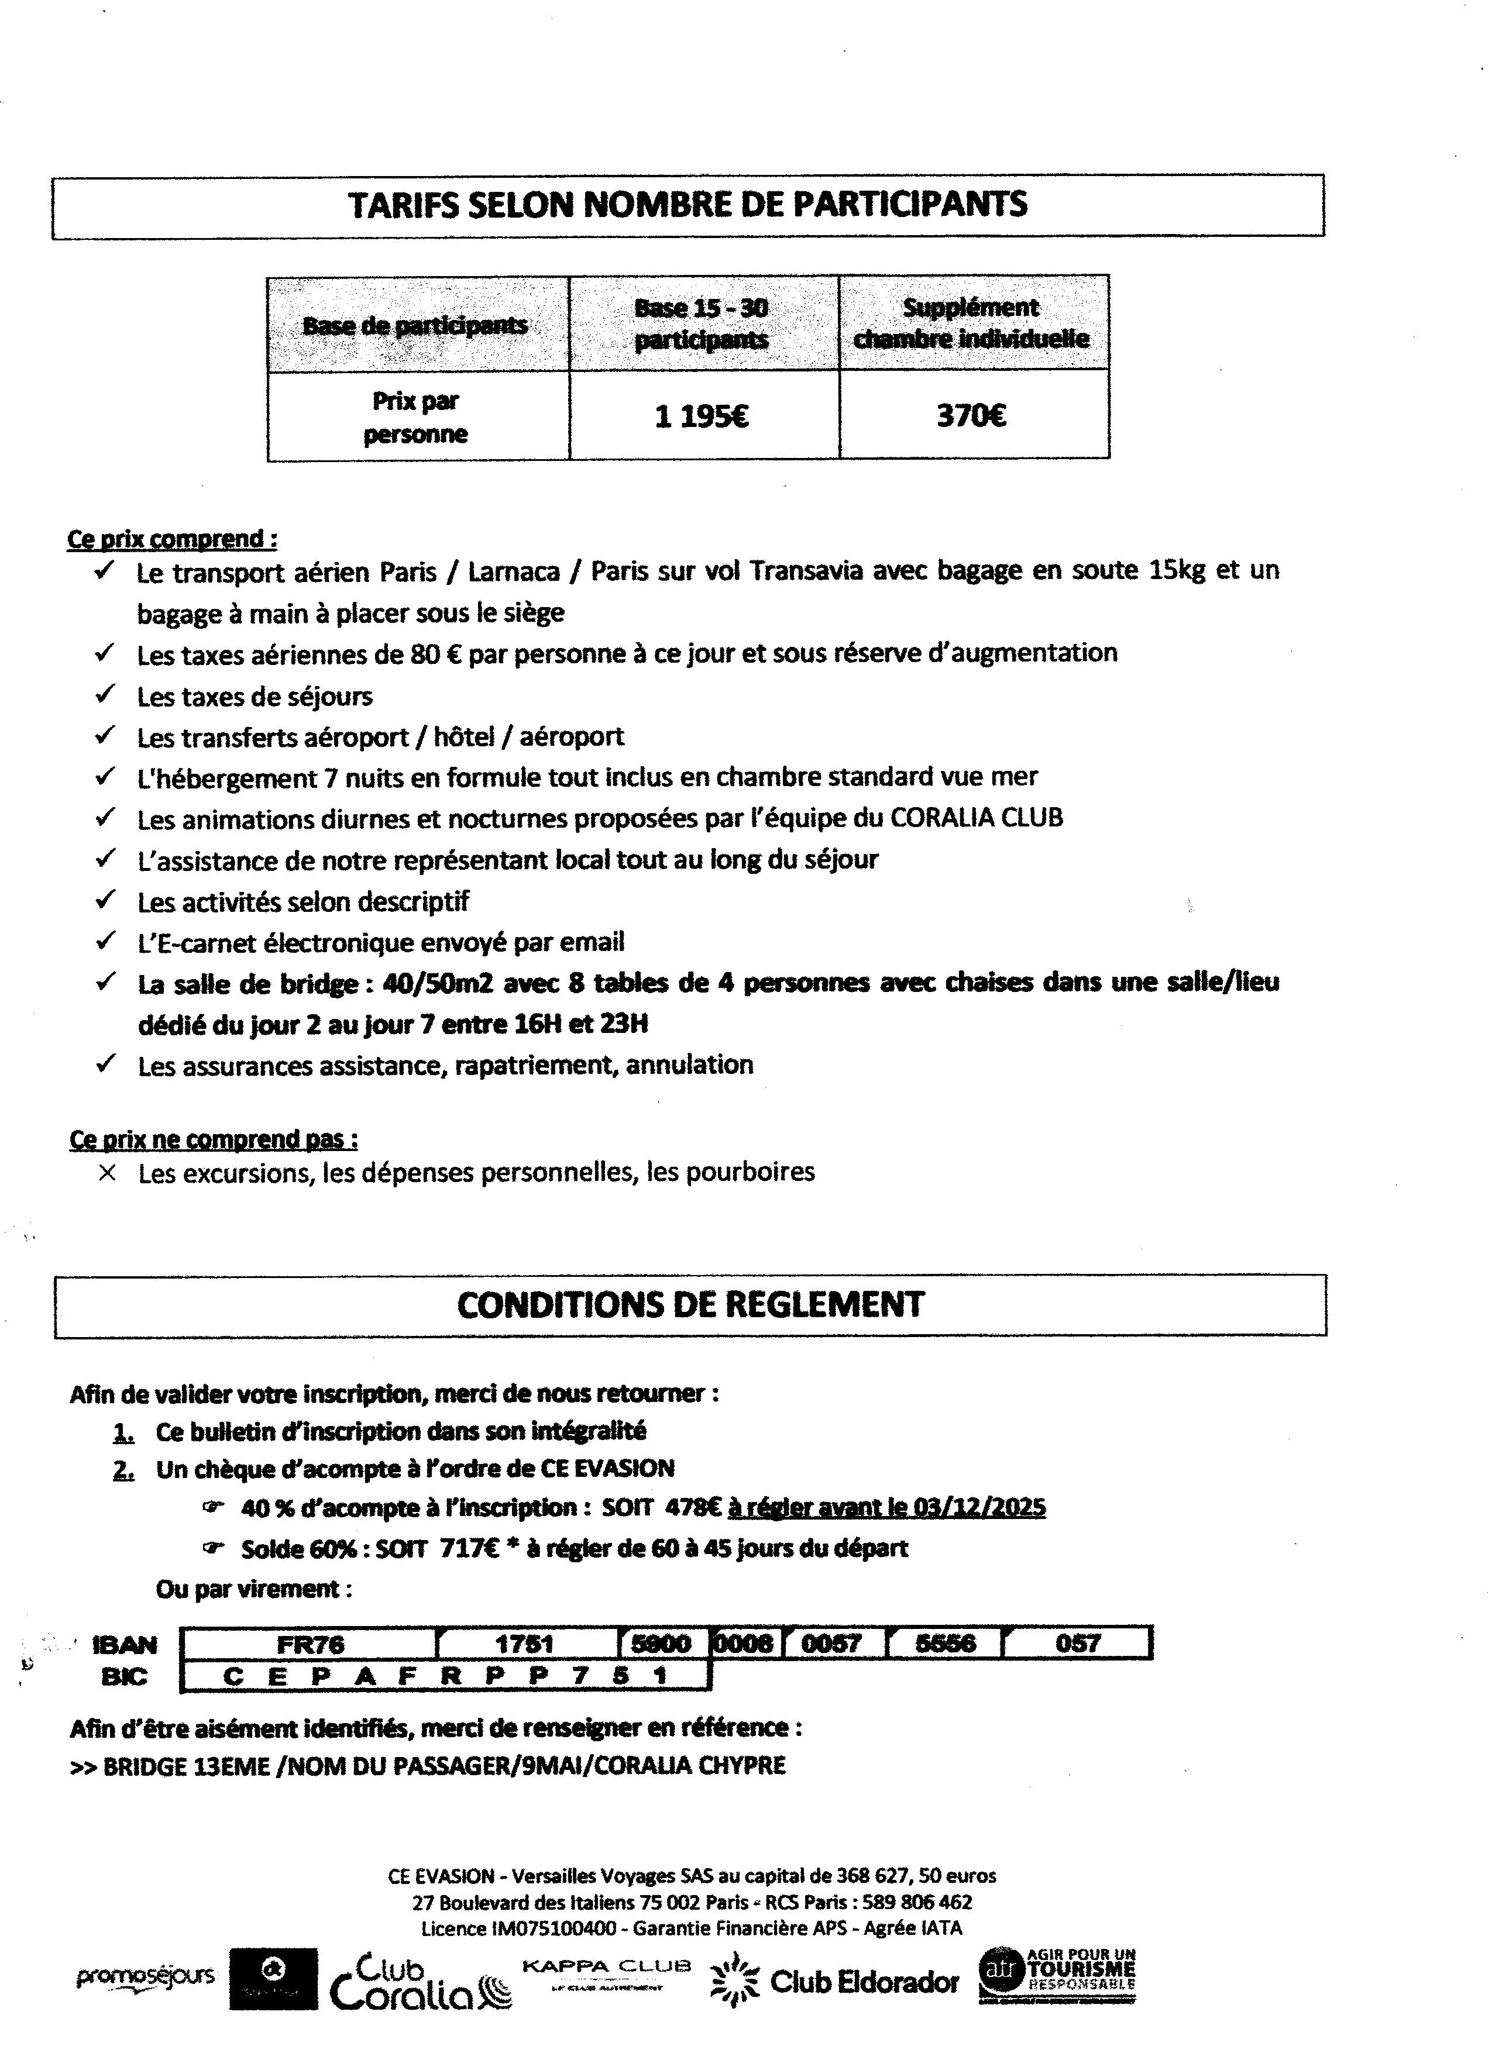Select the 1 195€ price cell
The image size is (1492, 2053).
coord(702,416)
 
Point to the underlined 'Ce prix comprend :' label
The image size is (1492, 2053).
coord(172,539)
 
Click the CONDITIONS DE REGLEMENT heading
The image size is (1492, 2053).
coord(690,1304)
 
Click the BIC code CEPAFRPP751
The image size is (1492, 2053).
coord(445,1676)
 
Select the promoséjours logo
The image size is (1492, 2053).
coord(145,1975)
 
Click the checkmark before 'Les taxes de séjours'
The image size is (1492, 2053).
coord(106,694)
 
